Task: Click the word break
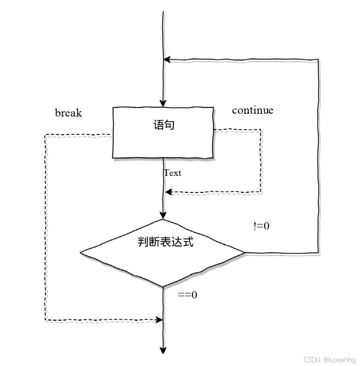coord(68,113)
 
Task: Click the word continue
coord(252,110)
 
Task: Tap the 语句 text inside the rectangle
coord(164,125)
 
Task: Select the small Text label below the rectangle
coord(172,173)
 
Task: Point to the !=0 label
coord(261,226)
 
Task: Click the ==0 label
coord(187,295)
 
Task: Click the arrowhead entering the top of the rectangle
coord(163,104)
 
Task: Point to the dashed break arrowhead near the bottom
coord(159,320)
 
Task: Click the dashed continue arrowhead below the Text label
coord(168,192)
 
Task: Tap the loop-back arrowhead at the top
coord(167,59)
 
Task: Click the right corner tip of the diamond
coord(245,253)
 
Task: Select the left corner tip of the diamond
coord(81,253)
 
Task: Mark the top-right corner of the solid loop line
coord(319,59)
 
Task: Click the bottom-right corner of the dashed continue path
coord(261,191)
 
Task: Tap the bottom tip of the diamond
coord(163,287)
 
